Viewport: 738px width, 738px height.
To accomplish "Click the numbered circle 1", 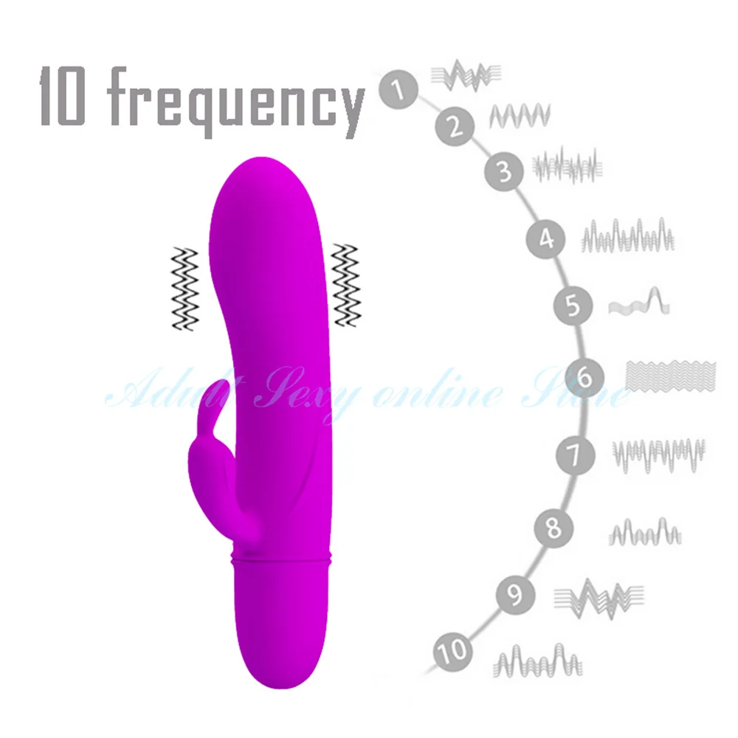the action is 399,92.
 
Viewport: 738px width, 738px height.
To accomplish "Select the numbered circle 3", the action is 504,173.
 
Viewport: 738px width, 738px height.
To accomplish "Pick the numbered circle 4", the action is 546,238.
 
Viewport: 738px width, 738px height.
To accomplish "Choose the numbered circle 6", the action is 584,378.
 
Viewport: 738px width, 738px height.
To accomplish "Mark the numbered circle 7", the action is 576,452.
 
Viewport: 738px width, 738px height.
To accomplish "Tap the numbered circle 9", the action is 511,595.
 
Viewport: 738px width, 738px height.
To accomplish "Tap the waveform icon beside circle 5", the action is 639,303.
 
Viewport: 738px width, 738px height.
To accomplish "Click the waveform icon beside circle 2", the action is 520,115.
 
